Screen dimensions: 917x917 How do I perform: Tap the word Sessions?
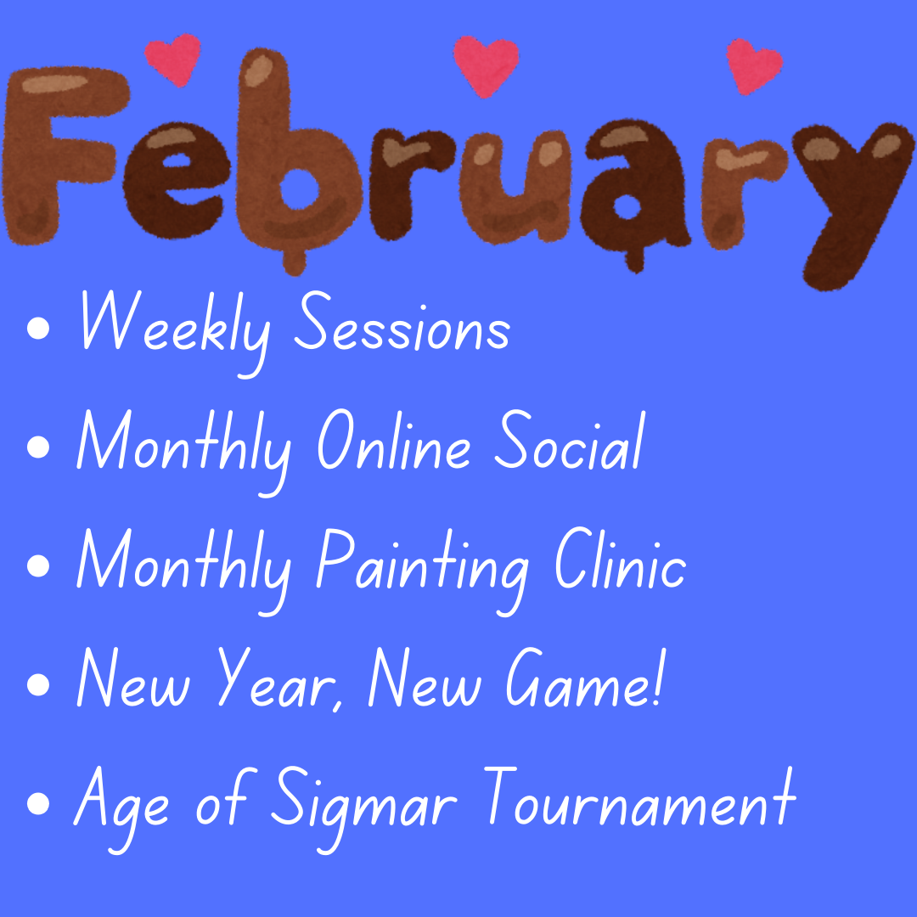tap(402, 322)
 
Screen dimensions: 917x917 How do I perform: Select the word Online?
tap(394, 440)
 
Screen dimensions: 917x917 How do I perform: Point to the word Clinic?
tap(621, 559)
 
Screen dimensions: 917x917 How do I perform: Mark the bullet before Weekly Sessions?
tap(38, 328)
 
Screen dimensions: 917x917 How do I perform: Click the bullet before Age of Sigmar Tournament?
tap(38, 803)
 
